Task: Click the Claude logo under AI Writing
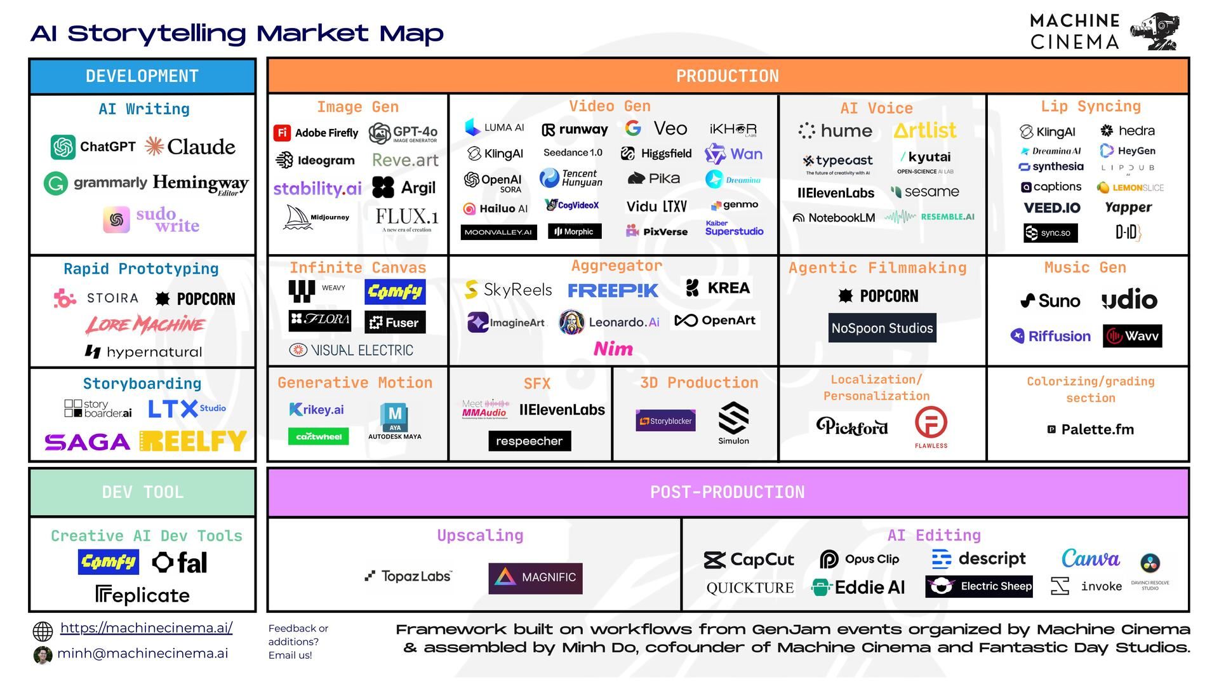190,147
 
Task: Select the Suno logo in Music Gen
1050,300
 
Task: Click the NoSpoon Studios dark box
882,328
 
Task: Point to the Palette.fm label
1090,429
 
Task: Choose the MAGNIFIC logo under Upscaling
535,578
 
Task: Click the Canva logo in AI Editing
1090,559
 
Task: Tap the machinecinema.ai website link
146,628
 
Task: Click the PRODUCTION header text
727,76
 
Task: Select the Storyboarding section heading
142,384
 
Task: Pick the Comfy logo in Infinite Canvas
395,292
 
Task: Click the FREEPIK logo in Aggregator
613,290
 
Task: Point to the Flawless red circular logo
931,423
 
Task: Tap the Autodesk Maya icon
394,417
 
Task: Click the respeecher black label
530,441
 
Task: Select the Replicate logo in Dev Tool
142,595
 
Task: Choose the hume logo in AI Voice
835,131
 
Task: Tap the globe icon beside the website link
43,631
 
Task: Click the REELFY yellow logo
193,441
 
